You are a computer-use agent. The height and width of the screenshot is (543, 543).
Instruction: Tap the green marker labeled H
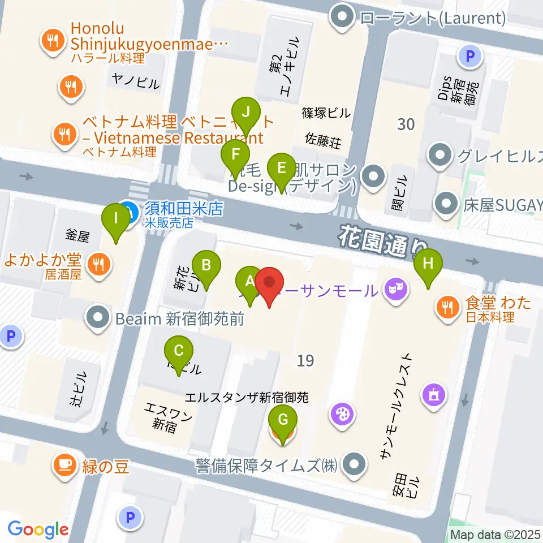(x=428, y=264)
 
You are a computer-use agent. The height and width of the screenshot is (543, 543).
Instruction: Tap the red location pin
(x=270, y=282)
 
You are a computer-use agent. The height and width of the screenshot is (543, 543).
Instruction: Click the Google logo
(x=38, y=529)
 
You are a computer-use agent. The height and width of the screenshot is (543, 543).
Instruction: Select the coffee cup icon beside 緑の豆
(x=62, y=466)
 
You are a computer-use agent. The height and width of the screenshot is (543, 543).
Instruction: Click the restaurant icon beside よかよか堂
(x=99, y=263)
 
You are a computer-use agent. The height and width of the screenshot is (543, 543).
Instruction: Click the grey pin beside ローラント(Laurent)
(x=342, y=18)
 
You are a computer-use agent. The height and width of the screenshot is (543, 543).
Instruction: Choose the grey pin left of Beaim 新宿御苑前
(x=98, y=318)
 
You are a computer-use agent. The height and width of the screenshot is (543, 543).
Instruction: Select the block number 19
(x=305, y=360)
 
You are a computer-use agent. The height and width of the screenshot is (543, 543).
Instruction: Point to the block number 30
(x=406, y=124)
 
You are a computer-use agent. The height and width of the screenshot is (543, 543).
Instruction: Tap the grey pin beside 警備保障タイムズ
(x=355, y=466)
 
